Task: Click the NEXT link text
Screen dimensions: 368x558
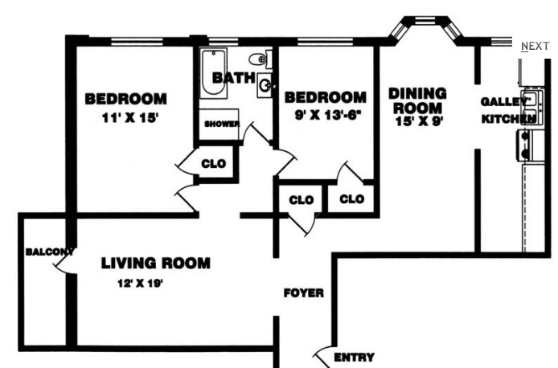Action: [x=535, y=46]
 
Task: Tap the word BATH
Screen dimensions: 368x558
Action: [x=232, y=78]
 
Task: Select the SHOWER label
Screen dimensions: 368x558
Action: [x=221, y=124]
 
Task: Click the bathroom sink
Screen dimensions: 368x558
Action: [x=265, y=84]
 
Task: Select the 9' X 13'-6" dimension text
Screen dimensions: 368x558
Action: [x=324, y=114]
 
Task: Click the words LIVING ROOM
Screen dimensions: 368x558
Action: [x=155, y=263]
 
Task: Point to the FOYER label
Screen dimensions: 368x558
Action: [x=303, y=293]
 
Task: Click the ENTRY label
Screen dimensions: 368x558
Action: [x=353, y=358]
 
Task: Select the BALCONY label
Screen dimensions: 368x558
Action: [x=49, y=251]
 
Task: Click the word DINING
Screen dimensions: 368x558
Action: [x=416, y=93]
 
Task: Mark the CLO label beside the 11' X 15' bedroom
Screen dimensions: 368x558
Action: [x=213, y=164]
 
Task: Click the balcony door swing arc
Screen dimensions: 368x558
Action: [x=68, y=262]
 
